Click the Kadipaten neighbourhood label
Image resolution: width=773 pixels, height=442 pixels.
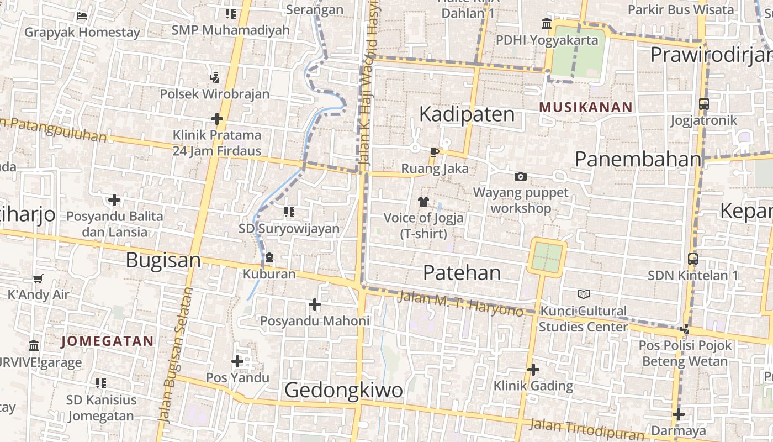[x=467, y=114]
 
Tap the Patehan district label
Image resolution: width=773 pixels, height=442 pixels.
[x=462, y=272]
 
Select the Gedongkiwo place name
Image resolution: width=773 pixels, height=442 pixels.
[x=343, y=391]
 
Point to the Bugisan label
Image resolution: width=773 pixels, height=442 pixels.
[x=163, y=260]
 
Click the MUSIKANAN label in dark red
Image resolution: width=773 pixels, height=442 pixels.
[x=586, y=107]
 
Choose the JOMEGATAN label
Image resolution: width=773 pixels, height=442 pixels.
[x=107, y=341]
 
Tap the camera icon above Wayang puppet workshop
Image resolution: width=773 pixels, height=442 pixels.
[x=520, y=177]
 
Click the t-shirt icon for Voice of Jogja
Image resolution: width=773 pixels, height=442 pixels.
[x=423, y=202]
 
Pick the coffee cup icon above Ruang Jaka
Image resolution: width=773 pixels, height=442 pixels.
[x=435, y=152]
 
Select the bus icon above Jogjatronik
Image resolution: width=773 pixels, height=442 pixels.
[x=703, y=103]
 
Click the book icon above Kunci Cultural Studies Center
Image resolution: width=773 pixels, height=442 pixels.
[x=583, y=294]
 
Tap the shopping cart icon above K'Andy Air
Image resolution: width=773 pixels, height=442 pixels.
[x=38, y=278]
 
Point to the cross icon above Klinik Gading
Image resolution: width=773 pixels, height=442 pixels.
[x=533, y=369]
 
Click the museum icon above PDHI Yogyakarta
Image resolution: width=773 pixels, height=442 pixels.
[x=547, y=24]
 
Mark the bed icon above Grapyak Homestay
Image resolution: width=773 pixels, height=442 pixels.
[x=82, y=16]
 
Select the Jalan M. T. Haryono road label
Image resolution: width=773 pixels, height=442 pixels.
[x=460, y=304]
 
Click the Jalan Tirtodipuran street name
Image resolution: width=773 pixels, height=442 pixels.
[x=586, y=429]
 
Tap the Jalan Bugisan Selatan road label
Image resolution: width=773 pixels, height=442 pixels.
[x=175, y=354]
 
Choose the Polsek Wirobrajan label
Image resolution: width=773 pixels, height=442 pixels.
[x=214, y=94]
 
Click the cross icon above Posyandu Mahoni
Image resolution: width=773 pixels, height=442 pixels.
[x=314, y=304]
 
